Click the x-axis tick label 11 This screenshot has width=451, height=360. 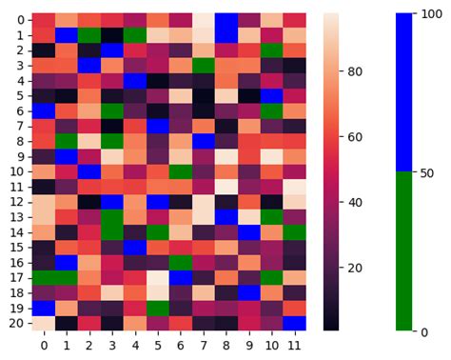pyautogui.click(x=295, y=344)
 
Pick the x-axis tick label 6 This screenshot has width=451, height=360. pyautogui.click(x=181, y=344)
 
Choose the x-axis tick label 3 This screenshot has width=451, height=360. pyautogui.click(x=112, y=344)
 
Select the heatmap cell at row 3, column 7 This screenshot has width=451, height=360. pyautogui.click(x=204, y=66)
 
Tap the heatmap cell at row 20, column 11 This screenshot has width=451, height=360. pyautogui.click(x=295, y=323)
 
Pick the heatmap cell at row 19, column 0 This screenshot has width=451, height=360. pyautogui.click(x=44, y=308)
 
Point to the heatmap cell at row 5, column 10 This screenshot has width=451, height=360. pyautogui.click(x=272, y=96)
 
